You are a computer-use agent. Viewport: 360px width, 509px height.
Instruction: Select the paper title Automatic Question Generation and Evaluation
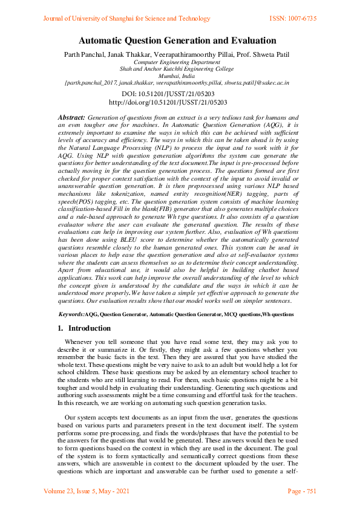177,42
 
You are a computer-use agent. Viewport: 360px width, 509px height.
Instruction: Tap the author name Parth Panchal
85,55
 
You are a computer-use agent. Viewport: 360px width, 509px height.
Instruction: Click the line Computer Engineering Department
177,62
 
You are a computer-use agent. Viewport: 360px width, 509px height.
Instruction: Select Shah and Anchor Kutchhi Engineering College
177,69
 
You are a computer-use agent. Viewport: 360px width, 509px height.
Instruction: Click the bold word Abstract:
71,115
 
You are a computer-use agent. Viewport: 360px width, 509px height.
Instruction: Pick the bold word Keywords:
71,315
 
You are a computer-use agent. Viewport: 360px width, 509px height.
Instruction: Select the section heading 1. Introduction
84,328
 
